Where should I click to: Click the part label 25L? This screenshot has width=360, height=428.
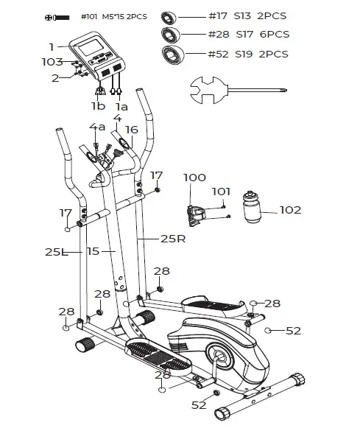53,251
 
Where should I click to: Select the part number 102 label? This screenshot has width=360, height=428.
290,210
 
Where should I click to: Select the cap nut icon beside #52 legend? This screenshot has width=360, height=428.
175,54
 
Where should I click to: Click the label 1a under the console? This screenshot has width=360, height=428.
120,105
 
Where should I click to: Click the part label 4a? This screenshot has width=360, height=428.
98,127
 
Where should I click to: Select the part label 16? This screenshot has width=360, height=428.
131,129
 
